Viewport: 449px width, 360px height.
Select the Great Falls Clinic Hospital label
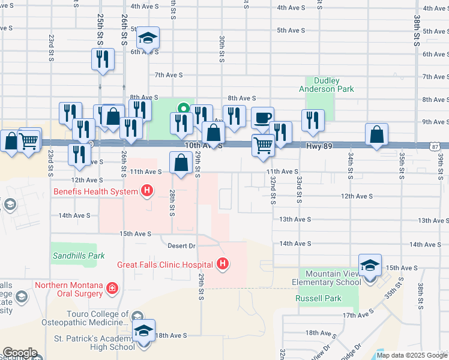tap(164, 264)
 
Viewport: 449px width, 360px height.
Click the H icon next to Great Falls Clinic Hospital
tap(223, 264)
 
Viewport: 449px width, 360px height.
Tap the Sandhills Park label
tap(79, 256)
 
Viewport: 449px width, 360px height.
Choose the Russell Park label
tap(318, 298)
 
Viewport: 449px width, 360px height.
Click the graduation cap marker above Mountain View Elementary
tap(370, 265)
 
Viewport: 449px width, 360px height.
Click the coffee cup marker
tap(262, 118)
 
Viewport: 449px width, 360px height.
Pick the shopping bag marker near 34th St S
tap(376, 135)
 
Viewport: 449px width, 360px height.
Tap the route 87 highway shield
tap(435, 146)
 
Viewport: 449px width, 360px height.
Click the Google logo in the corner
tap(19, 353)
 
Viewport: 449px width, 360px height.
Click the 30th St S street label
tap(222, 49)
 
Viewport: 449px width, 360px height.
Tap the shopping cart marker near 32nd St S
tap(263, 145)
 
